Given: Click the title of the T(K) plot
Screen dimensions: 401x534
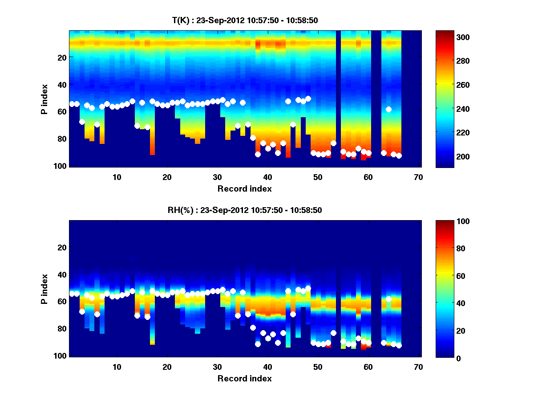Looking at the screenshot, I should [x=245, y=20].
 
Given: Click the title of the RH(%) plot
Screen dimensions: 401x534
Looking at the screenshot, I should [x=245, y=210].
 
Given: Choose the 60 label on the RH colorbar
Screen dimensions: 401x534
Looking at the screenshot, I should [x=445, y=276].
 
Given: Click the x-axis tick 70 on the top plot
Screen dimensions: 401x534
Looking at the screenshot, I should [x=418, y=177].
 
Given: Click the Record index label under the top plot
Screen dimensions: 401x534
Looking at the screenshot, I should [x=245, y=188].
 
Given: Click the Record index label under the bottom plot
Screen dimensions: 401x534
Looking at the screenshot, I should [x=245, y=378].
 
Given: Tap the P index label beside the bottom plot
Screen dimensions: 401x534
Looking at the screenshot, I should [x=44, y=289].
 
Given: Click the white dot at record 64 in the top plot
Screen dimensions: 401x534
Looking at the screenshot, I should [x=388, y=109].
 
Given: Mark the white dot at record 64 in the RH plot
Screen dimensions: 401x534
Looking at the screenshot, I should [x=388, y=299].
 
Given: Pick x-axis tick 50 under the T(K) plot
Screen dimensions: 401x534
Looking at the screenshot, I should [x=318, y=177].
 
